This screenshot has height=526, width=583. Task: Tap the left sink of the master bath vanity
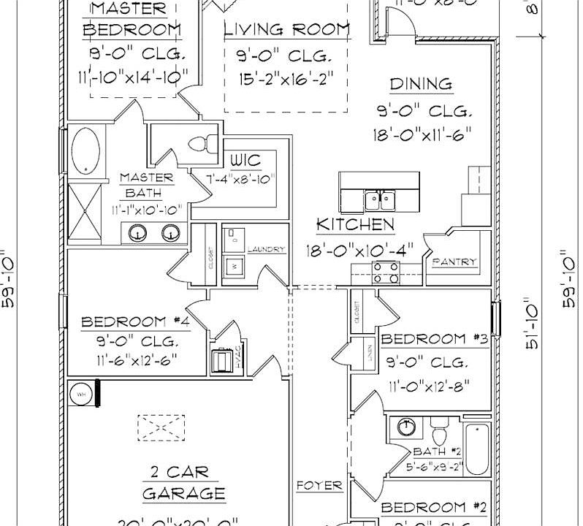pos(137,234)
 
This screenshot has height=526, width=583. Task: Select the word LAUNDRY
pos(266,250)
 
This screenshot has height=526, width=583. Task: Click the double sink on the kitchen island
pos(380,199)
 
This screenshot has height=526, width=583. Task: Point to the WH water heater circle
pos(80,394)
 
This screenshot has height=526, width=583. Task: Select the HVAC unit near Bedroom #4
pos(223,361)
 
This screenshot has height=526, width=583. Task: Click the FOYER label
pos(319,485)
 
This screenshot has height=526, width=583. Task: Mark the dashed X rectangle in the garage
pos(161,425)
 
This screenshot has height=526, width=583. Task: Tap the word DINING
pos(420,85)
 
